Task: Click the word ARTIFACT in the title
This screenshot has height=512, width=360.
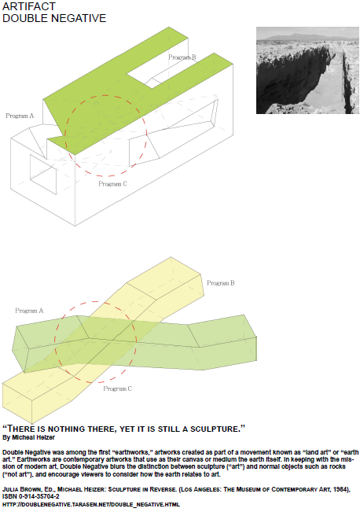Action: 29,6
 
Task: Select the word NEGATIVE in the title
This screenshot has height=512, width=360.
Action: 79,18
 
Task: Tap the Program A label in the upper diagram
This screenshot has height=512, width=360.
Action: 20,116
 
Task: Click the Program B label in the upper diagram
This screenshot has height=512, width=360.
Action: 182,57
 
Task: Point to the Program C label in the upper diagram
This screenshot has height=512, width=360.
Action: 112,184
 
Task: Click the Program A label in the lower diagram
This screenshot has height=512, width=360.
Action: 29,311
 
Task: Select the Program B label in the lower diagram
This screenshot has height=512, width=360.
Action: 221,283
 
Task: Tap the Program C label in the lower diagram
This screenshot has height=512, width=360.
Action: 117,389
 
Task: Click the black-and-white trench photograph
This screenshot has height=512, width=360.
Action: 307,70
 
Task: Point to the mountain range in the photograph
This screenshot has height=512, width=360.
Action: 307,37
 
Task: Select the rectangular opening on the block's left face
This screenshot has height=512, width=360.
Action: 43,175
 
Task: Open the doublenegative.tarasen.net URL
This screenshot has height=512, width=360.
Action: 91,504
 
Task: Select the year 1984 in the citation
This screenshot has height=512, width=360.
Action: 340,489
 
